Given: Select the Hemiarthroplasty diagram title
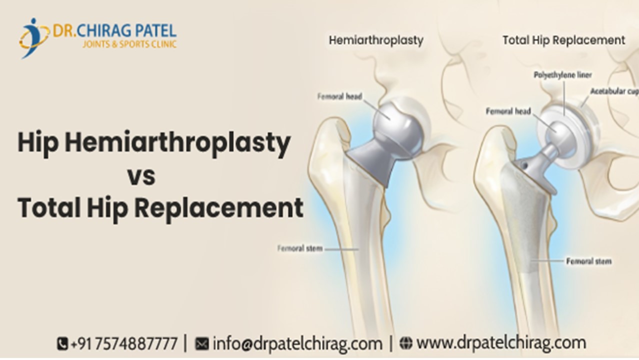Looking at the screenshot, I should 376,40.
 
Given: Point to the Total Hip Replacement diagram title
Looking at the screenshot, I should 563,40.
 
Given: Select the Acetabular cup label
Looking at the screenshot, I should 614,91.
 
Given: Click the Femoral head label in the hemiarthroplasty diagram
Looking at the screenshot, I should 339,96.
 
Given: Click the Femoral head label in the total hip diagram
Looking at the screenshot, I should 508,111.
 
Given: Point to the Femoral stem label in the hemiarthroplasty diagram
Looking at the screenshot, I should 300,247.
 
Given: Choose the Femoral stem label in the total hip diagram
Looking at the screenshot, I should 588,261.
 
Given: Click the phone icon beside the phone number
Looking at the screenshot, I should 62,344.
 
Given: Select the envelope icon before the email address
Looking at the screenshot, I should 201,344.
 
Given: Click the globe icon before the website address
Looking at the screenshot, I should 406,343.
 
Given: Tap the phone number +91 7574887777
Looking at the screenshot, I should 124,344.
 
